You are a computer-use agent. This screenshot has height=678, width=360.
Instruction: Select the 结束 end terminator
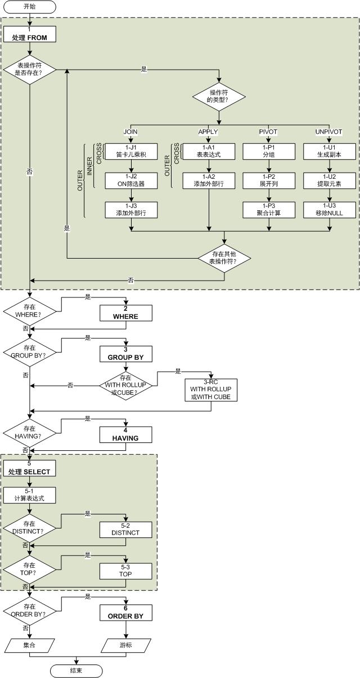pyautogui.click(x=76, y=671)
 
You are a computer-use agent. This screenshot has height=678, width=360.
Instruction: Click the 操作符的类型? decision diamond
pyautogui.click(x=219, y=96)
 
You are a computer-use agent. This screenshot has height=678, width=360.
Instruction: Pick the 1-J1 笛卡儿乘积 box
pyautogui.click(x=130, y=151)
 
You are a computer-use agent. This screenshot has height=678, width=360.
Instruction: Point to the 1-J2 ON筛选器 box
pyautogui.click(x=130, y=180)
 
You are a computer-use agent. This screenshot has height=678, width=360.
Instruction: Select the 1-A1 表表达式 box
pyautogui.click(x=209, y=151)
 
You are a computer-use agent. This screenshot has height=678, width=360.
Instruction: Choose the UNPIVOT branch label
pyautogui.click(x=328, y=132)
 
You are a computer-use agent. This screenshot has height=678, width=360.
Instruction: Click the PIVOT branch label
pyautogui.click(x=268, y=132)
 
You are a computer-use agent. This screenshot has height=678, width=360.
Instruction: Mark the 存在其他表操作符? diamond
pyautogui.click(x=224, y=258)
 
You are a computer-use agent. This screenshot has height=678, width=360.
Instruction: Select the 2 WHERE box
pyautogui.click(x=125, y=313)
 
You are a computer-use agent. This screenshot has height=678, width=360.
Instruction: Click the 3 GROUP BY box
pyautogui.click(x=125, y=354)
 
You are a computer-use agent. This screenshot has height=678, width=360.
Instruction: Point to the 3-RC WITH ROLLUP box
pyautogui.click(x=210, y=390)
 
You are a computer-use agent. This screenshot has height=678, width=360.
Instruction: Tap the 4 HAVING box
pyautogui.click(x=125, y=435)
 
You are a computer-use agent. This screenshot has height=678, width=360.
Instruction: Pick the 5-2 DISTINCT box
pyautogui.click(x=125, y=529)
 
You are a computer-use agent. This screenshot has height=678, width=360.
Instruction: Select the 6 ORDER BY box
pyautogui.click(x=125, y=613)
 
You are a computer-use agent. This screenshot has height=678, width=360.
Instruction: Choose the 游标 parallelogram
pyautogui.click(x=125, y=645)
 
